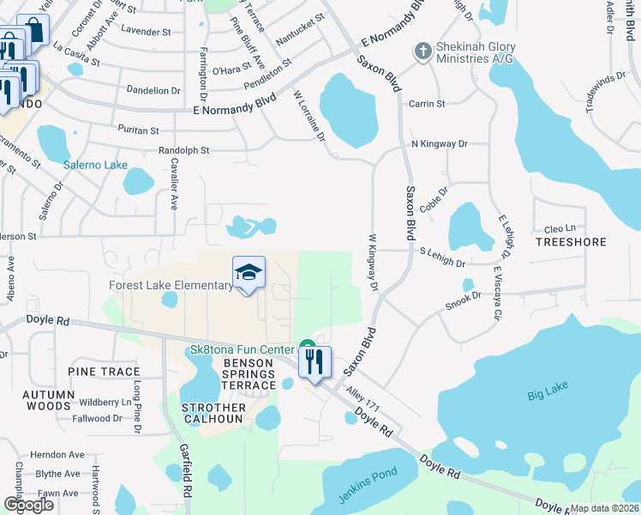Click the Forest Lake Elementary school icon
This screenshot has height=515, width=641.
coord(249,274)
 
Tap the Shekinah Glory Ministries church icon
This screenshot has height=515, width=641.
coord(422,51)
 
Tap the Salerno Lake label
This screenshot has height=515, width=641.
coord(95,164)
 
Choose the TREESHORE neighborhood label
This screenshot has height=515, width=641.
coord(571,242)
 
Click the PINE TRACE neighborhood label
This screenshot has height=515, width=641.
coord(105,372)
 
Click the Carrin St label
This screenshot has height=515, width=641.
coord(428,104)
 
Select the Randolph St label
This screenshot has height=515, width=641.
coord(183,150)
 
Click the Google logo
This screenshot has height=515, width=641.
coord(28,505)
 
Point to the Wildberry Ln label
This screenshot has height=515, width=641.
coord(105,402)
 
